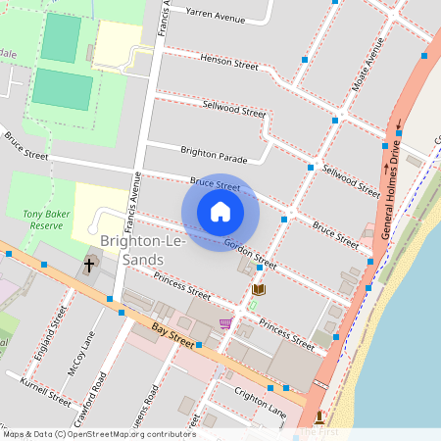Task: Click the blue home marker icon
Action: point(220,212)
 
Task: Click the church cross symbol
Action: point(89,265)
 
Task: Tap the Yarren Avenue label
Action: point(215,15)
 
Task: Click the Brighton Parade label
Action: point(214,153)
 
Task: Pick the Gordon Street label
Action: point(251,254)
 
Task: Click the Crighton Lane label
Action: point(260,400)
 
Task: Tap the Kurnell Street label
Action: point(46,392)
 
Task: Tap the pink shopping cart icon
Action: point(225,323)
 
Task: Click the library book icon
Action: point(259,290)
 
